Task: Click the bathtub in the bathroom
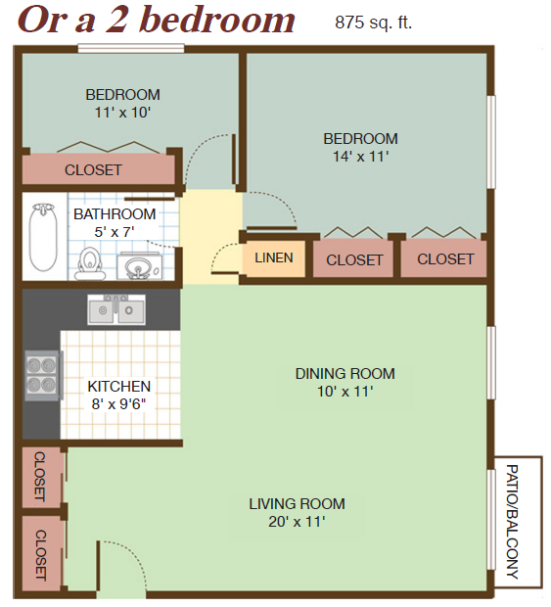[43, 237]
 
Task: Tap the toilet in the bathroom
[90, 263]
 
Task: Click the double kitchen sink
[116, 309]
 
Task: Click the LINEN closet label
[274, 257]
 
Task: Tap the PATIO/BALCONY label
[512, 521]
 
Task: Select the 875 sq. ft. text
[374, 23]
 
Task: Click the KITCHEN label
[119, 387]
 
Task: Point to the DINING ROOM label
[345, 374]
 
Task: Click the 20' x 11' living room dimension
[297, 522]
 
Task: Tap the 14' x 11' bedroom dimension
[360, 157]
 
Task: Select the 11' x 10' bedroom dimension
[122, 113]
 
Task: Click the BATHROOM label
[115, 214]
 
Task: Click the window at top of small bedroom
[131, 48]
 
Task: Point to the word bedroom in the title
[218, 20]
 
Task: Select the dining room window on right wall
[490, 362]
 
